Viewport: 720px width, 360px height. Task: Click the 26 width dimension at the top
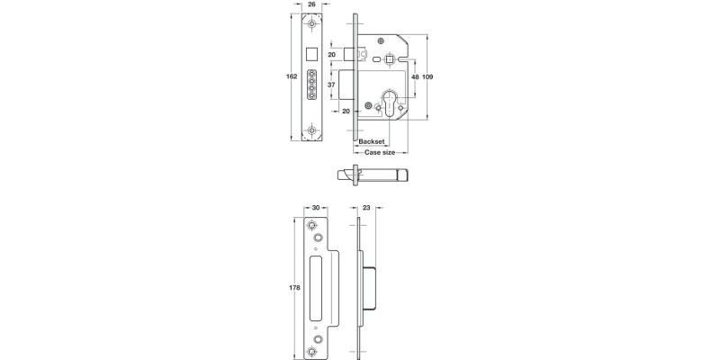[311, 5]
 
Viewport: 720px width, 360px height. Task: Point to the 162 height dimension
[291, 76]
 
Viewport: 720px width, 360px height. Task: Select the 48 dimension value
[415, 76]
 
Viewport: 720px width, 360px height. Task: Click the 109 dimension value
[428, 76]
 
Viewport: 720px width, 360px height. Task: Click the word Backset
[372, 142]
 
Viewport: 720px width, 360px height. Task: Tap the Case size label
[379, 153]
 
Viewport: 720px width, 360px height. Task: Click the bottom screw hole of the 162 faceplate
[311, 130]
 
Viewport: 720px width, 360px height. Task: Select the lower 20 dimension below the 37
[346, 111]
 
